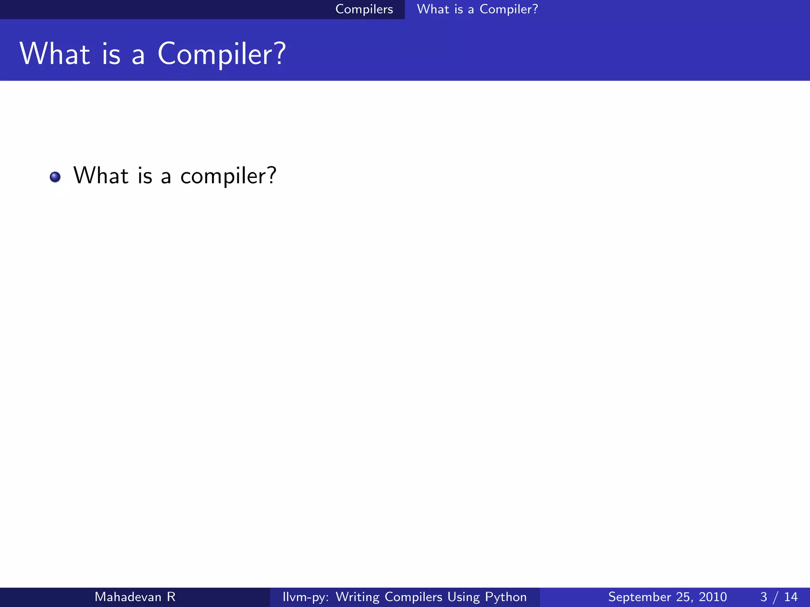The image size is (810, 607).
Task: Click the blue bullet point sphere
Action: click(x=55, y=177)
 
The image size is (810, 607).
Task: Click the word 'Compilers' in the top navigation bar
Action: click(x=364, y=9)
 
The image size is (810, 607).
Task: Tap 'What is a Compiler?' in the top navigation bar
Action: click(x=477, y=9)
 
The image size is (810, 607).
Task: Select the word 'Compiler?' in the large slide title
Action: click(x=221, y=55)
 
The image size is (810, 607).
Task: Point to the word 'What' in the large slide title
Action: click(x=55, y=54)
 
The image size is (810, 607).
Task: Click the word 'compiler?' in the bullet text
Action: click(x=228, y=176)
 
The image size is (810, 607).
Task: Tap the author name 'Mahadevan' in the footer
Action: click(x=128, y=597)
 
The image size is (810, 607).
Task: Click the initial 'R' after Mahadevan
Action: click(x=171, y=597)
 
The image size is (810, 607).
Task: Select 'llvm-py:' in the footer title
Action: click(x=305, y=597)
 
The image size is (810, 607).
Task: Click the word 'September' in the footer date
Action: click(x=640, y=597)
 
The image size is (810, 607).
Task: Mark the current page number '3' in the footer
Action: click(x=763, y=597)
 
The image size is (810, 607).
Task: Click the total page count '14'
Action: click(x=791, y=597)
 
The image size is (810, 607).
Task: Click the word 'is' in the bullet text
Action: click(x=145, y=175)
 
